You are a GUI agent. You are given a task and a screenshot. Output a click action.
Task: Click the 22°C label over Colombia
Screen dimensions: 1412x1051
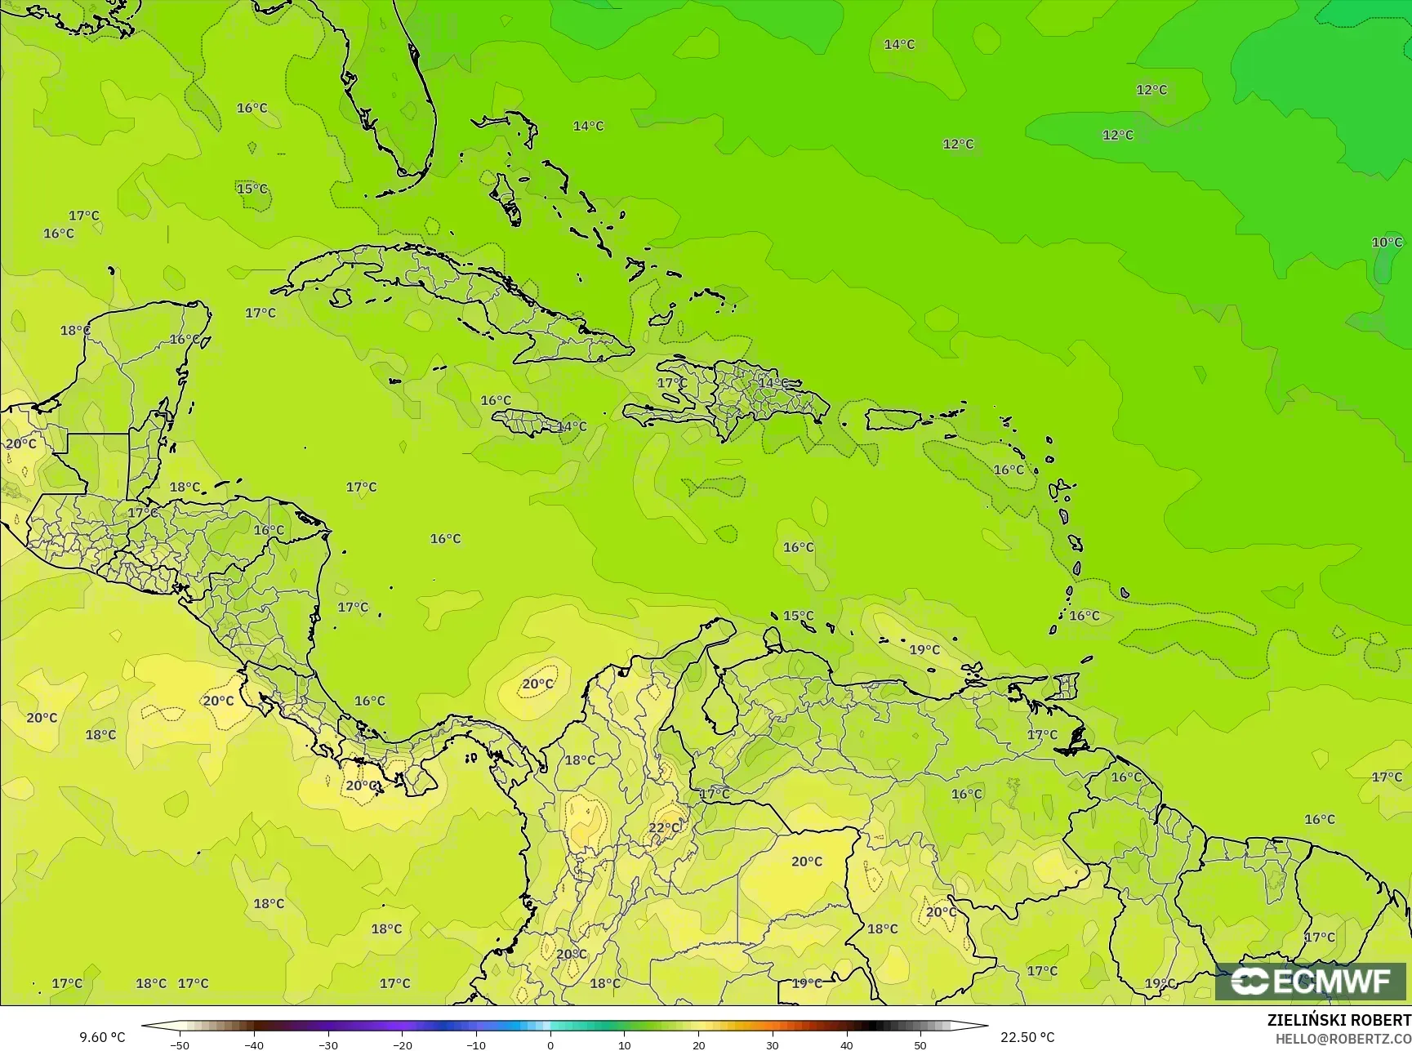665,827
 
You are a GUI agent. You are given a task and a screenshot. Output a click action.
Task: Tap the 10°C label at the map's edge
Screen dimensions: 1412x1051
1387,243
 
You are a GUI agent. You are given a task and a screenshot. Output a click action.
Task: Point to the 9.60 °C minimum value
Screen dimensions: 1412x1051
102,1037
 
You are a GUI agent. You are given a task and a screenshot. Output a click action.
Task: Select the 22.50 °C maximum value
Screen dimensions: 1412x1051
1027,1037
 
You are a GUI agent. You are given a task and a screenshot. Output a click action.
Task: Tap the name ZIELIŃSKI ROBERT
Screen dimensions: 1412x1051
1339,1020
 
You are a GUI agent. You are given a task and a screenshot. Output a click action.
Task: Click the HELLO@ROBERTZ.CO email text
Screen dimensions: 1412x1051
1343,1037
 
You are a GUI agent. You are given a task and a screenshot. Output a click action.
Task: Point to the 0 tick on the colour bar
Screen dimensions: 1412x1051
550,1045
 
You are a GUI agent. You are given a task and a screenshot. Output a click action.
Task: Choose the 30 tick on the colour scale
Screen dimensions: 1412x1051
773,1045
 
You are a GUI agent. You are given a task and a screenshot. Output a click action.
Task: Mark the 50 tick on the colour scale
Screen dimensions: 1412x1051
920,1045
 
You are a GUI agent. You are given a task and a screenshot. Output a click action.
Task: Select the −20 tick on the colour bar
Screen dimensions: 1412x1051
402,1045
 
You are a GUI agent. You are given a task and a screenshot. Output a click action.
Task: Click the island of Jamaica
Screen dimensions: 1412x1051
527,422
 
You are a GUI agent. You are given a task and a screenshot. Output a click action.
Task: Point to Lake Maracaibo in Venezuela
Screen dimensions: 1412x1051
718,709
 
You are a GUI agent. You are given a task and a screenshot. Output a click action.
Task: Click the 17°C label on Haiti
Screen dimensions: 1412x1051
672,383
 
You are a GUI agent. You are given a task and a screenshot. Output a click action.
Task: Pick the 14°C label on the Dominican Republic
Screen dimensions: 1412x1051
773,383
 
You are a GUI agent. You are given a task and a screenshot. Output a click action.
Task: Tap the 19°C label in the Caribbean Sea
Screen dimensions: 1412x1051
924,650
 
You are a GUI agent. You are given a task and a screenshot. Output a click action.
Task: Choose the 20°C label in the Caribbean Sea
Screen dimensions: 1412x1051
537,684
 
